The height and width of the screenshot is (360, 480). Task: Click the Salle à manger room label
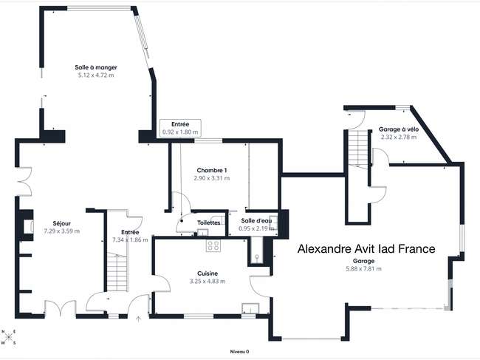click(96, 67)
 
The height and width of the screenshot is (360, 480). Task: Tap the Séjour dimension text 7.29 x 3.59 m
click(62, 231)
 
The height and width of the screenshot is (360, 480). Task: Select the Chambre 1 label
click(212, 170)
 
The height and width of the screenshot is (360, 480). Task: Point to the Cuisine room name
click(208, 274)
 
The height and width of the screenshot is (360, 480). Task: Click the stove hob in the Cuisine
click(213, 245)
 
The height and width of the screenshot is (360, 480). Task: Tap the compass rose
click(9, 337)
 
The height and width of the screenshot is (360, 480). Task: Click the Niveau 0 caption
click(239, 352)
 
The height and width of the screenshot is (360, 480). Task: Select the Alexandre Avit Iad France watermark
click(366, 248)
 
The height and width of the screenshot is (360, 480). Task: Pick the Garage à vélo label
click(399, 129)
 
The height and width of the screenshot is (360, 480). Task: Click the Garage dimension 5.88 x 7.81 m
click(363, 268)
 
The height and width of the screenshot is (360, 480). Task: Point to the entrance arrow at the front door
click(138, 319)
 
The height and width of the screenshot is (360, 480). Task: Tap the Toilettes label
click(208, 223)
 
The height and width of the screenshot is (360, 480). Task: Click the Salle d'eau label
click(256, 220)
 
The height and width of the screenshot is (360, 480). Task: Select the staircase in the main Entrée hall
click(117, 272)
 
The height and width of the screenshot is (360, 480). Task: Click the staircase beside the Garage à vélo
click(358, 149)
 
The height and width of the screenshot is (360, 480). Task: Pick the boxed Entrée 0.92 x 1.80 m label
click(180, 128)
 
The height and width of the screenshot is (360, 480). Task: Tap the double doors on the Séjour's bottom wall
click(61, 308)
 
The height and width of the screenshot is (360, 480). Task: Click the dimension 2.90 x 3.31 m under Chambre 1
click(212, 178)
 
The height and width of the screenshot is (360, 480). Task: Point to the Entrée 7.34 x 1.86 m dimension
click(130, 240)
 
